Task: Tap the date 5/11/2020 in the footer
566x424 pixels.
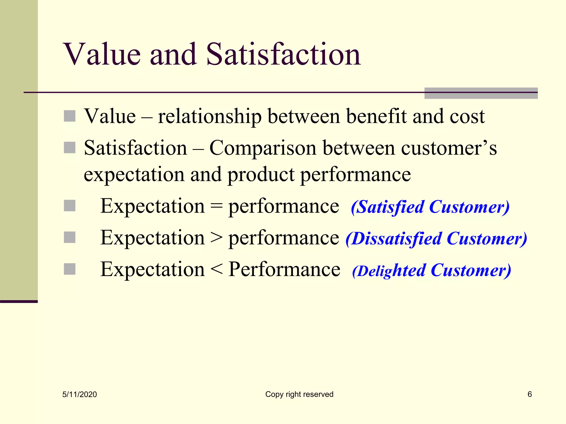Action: pos(80,394)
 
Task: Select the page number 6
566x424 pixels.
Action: pos(530,394)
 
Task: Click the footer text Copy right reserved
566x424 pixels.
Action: pos(299,394)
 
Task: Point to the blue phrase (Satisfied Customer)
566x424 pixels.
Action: pos(430,207)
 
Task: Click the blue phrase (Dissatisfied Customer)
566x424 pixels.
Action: pos(436,239)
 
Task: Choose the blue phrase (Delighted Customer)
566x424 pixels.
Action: pos(431,271)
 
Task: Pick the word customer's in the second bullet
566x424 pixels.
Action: pos(449,149)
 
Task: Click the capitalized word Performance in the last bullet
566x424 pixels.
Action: pos(284,269)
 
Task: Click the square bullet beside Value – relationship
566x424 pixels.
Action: pos(70,116)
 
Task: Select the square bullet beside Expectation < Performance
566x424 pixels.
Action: pos(70,269)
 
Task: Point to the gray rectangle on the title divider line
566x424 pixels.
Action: pos(481,93)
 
